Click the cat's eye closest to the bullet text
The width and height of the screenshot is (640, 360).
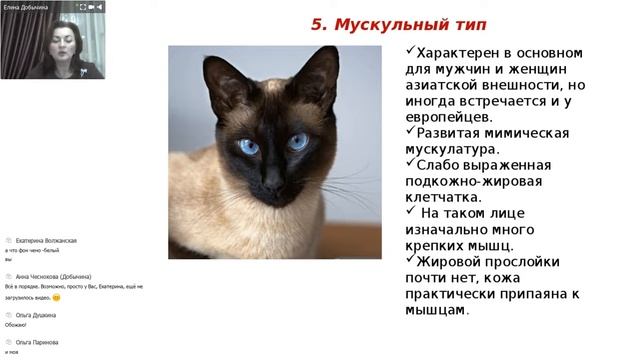298,142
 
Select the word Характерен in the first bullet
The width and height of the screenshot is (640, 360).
457,53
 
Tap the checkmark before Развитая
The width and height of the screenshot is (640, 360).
410,133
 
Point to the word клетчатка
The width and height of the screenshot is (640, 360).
446,197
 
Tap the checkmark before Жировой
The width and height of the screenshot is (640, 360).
410,261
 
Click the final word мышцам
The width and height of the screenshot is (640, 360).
436,310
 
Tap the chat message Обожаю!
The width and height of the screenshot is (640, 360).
16,324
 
